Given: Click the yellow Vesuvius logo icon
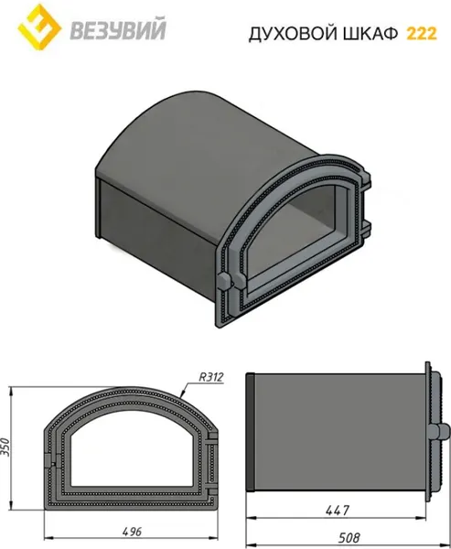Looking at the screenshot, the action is click(39, 27).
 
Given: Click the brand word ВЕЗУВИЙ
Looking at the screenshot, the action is click(118, 30).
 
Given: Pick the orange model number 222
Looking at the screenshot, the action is click(422, 34).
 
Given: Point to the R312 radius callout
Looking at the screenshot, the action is click(210, 377).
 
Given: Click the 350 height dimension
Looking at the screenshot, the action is click(6, 447).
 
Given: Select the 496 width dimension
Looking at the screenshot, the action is click(132, 532).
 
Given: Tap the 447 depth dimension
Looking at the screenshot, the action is click(338, 511).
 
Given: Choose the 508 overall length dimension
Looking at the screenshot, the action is click(349, 537).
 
